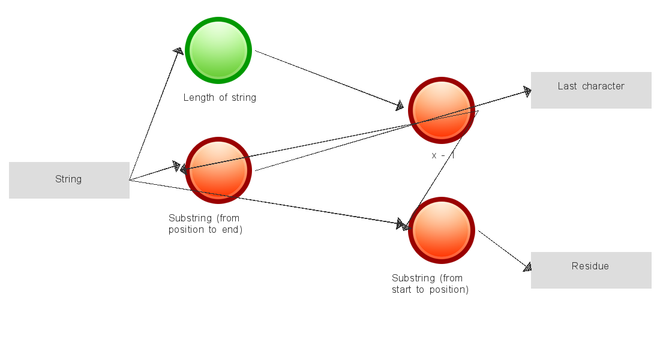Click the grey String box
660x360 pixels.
69,180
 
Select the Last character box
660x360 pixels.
591,90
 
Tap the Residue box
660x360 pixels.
591,270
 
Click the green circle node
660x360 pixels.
218,50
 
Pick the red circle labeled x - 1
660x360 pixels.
442,110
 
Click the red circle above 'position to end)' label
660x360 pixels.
218,170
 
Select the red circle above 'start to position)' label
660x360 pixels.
442,230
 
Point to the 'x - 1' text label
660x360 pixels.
443,155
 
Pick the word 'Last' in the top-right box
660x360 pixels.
567,86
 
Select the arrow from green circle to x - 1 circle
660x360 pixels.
327,79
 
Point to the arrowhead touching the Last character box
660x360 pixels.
527,91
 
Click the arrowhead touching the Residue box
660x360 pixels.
527,268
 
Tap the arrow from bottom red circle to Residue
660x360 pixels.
503,248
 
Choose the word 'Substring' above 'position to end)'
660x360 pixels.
190,218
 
